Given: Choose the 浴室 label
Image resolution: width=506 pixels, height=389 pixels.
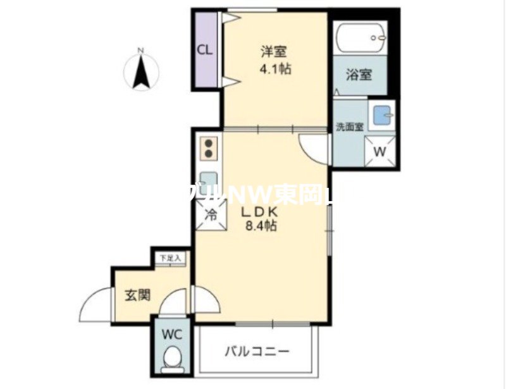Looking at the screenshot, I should pyautogui.click(x=359, y=75).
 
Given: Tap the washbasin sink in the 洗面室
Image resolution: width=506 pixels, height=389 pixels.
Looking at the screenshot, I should pyautogui.click(x=382, y=116).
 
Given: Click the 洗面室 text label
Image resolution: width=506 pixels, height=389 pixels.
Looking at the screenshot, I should pyautogui.click(x=349, y=127).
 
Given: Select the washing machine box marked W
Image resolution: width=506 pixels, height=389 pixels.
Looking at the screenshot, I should pyautogui.click(x=381, y=151).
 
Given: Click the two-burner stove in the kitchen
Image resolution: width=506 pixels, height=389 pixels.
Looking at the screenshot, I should pyautogui.click(x=209, y=148).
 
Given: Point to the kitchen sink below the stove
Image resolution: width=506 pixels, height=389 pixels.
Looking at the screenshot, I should pyautogui.click(x=209, y=181).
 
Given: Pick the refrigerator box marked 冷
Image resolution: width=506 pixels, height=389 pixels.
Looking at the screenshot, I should pyautogui.click(x=211, y=214).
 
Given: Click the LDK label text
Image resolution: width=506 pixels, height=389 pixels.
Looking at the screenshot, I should pyautogui.click(x=260, y=212).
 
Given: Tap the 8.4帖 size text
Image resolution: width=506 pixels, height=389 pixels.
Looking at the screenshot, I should pyautogui.click(x=260, y=226).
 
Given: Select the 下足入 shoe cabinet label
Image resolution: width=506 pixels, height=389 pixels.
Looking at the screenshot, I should pyautogui.click(x=170, y=258).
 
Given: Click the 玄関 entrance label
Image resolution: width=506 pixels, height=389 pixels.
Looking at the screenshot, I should pyautogui.click(x=137, y=295).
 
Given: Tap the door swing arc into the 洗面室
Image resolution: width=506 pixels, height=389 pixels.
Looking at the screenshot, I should pyautogui.click(x=314, y=151).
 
